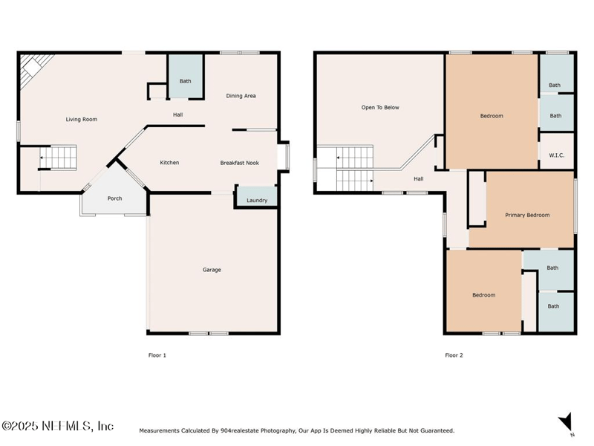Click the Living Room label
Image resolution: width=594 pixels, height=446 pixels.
[82, 119]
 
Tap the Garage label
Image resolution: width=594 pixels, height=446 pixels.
[212, 270]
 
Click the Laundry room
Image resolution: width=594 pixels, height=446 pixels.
[257, 196]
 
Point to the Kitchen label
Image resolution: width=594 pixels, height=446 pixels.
[169, 162]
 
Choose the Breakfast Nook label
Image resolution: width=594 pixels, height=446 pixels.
[239, 163]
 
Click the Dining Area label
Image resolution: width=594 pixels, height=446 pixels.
[241, 96]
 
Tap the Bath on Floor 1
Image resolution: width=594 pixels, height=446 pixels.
[185, 77]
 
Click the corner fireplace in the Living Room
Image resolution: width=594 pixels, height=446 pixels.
[33, 68]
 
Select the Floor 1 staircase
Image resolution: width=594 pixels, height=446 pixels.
[58, 158]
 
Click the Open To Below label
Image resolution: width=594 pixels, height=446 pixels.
[380, 107]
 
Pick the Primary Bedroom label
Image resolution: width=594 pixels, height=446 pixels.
[527, 215]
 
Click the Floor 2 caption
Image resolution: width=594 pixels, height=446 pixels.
[454, 355]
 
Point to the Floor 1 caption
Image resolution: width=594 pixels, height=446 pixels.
[157, 355]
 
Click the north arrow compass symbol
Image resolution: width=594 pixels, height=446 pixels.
[566, 422]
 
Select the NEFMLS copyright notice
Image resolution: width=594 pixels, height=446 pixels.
[57, 426]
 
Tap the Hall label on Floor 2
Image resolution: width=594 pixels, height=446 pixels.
[419, 178]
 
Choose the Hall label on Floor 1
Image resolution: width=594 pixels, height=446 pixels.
[178, 114]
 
